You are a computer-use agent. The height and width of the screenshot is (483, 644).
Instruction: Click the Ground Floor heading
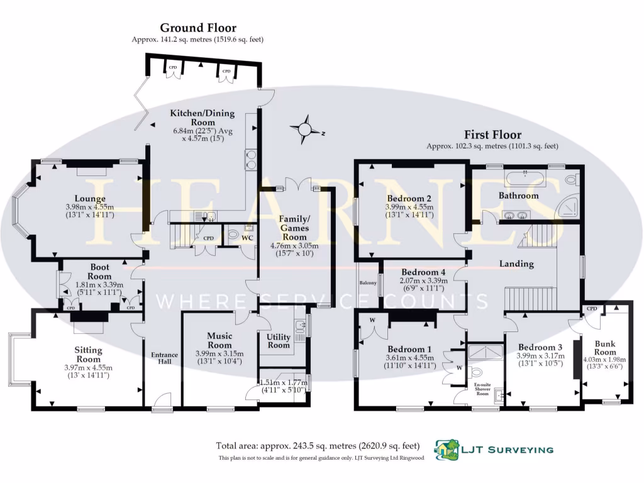point(198,28)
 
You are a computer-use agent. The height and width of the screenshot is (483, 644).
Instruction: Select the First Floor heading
point(492,135)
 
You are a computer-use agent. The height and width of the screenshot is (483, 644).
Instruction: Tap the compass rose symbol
point(305,129)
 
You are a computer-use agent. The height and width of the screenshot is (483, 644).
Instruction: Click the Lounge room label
point(90,199)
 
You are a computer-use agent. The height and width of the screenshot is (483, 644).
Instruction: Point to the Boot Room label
point(99,272)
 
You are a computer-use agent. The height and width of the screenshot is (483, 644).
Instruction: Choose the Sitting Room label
point(88,355)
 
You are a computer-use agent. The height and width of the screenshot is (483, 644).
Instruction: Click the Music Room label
point(219,340)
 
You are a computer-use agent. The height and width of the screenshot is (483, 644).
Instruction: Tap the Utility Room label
point(279,341)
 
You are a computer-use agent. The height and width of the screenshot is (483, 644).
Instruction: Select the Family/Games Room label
point(294,228)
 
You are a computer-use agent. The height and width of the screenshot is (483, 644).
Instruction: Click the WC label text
point(247,238)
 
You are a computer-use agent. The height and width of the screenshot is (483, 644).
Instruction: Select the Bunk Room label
point(605,348)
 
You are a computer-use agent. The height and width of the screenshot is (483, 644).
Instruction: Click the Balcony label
point(368,282)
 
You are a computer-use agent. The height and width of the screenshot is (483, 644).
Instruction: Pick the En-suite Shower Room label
point(482,389)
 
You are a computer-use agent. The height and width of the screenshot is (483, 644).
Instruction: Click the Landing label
point(516,264)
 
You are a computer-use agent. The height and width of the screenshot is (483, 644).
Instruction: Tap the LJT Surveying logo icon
point(447,449)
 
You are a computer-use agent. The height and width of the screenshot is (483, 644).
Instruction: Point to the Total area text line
point(318,446)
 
